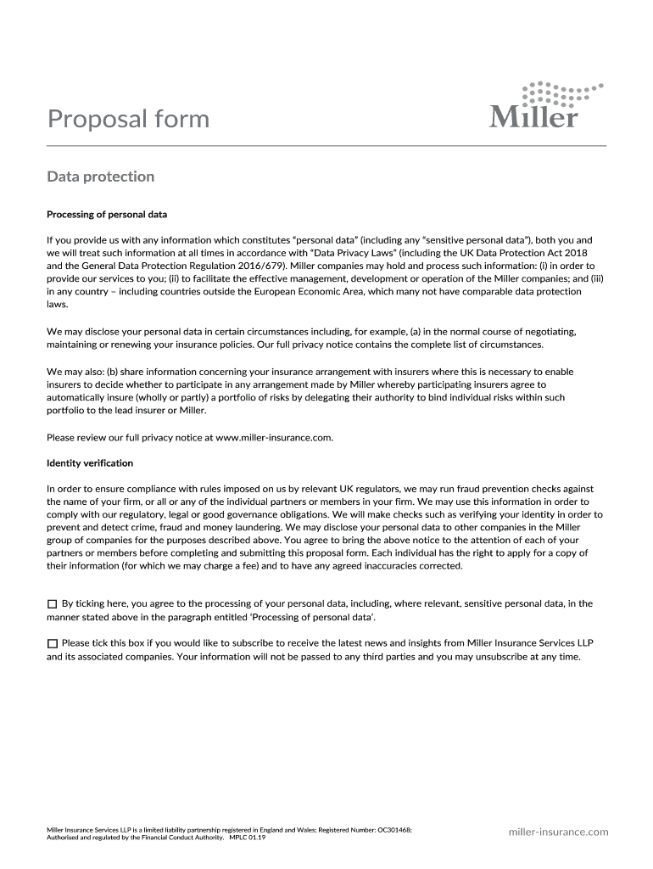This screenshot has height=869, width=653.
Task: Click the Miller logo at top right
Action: (546, 105)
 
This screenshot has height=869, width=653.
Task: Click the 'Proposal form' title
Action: (128, 118)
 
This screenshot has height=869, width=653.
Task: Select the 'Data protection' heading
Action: (100, 177)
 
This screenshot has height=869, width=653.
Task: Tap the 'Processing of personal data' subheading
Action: (107, 215)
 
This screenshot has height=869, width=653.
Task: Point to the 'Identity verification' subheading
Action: (90, 463)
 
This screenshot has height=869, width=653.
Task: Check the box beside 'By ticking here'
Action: (53, 603)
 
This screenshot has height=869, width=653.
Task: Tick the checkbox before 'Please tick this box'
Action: (53, 643)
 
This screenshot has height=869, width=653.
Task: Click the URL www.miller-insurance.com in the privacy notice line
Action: (274, 438)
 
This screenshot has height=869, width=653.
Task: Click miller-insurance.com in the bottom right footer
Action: (558, 832)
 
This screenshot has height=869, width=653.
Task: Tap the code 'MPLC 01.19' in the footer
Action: (248, 838)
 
